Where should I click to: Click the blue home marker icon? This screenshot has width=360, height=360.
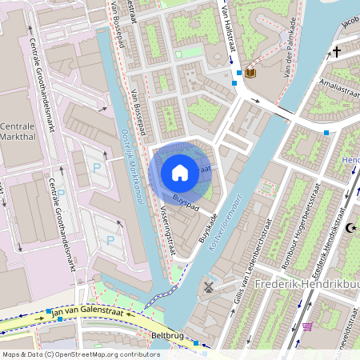pos(180,172)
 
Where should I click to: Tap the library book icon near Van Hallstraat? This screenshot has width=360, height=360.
pos(250,73)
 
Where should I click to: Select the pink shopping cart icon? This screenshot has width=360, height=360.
pos(307,326)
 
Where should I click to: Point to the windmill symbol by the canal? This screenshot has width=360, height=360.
pos(210,286)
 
